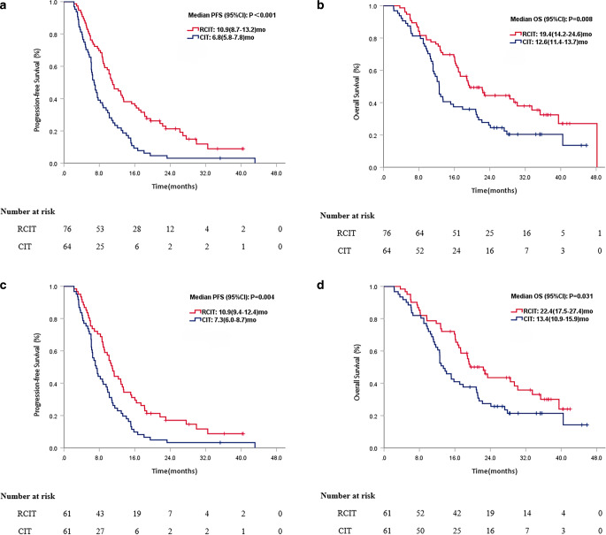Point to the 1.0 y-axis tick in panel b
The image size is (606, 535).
tap(372, 7)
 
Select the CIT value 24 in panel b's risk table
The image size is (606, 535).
tap(454, 252)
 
